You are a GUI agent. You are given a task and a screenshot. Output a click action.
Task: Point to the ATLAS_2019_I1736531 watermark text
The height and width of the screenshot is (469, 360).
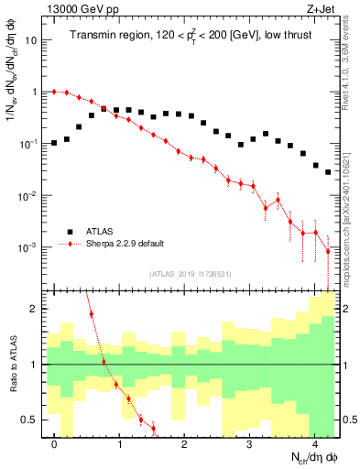[x=191, y=274]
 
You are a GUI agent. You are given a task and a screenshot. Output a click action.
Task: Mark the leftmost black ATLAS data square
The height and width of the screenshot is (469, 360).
[x=55, y=143]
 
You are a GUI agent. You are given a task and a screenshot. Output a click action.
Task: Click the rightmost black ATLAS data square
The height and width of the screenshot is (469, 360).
[x=328, y=171]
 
